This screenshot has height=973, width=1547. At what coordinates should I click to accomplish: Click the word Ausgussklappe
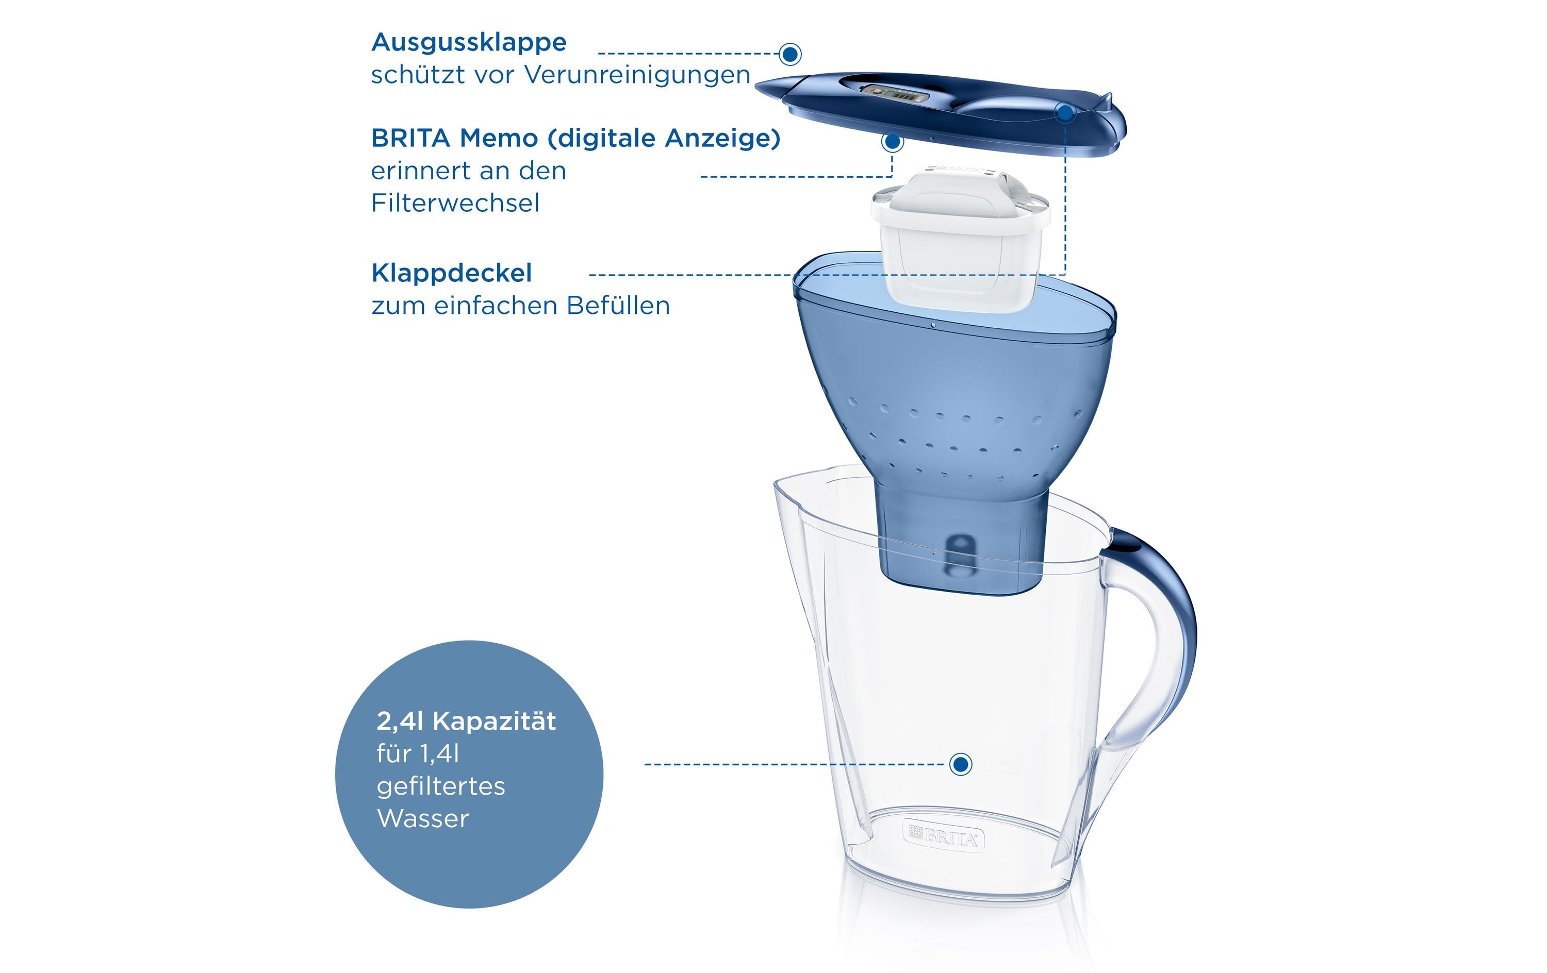(469, 43)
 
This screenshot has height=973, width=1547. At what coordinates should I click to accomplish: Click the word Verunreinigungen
(637, 75)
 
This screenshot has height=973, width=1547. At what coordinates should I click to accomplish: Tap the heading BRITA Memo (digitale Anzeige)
(575, 139)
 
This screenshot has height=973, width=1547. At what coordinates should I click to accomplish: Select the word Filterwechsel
(455, 204)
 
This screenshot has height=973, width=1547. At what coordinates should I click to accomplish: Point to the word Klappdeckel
(452, 274)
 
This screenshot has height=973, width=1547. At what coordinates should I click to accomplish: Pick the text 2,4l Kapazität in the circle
(466, 721)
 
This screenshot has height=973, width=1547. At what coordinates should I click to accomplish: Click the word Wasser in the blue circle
(423, 819)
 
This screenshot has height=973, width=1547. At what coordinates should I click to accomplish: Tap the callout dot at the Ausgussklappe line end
(790, 54)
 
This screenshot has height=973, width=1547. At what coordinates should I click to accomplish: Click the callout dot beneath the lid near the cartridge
(892, 142)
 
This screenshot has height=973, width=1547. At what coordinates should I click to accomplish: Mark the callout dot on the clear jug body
(961, 764)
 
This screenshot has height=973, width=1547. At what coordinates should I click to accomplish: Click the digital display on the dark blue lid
(896, 95)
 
